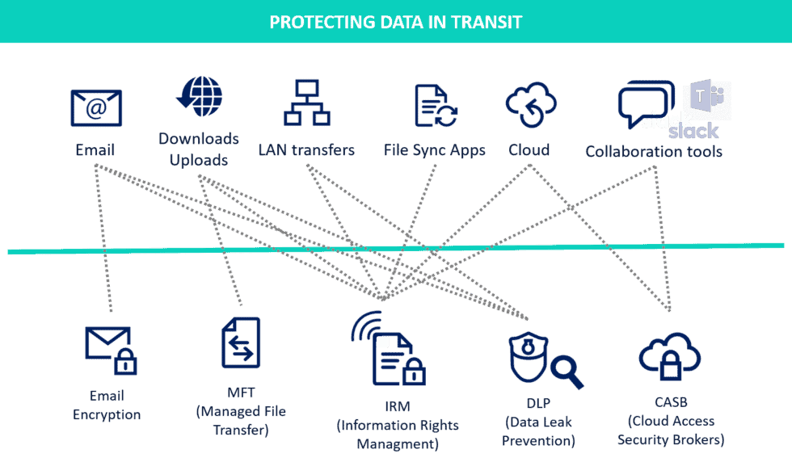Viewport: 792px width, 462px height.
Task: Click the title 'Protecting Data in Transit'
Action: pyautogui.click(x=396, y=22)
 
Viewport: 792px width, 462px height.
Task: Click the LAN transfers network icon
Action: pyautogui.click(x=306, y=105)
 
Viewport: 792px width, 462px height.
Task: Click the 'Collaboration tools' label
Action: pyautogui.click(x=654, y=152)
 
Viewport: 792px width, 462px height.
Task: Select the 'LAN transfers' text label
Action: pyautogui.click(x=306, y=150)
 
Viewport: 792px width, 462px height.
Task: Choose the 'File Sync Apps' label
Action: pyautogui.click(x=435, y=150)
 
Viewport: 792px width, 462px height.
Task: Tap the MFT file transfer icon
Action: pyautogui.click(x=241, y=343)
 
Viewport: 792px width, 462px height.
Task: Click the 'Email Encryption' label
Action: pyautogui.click(x=107, y=405)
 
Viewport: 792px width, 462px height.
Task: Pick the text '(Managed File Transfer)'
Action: pyautogui.click(x=241, y=420)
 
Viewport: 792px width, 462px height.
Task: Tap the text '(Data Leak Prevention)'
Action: pyautogui.click(x=538, y=431)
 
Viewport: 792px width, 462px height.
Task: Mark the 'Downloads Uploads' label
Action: pyautogui.click(x=199, y=149)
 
